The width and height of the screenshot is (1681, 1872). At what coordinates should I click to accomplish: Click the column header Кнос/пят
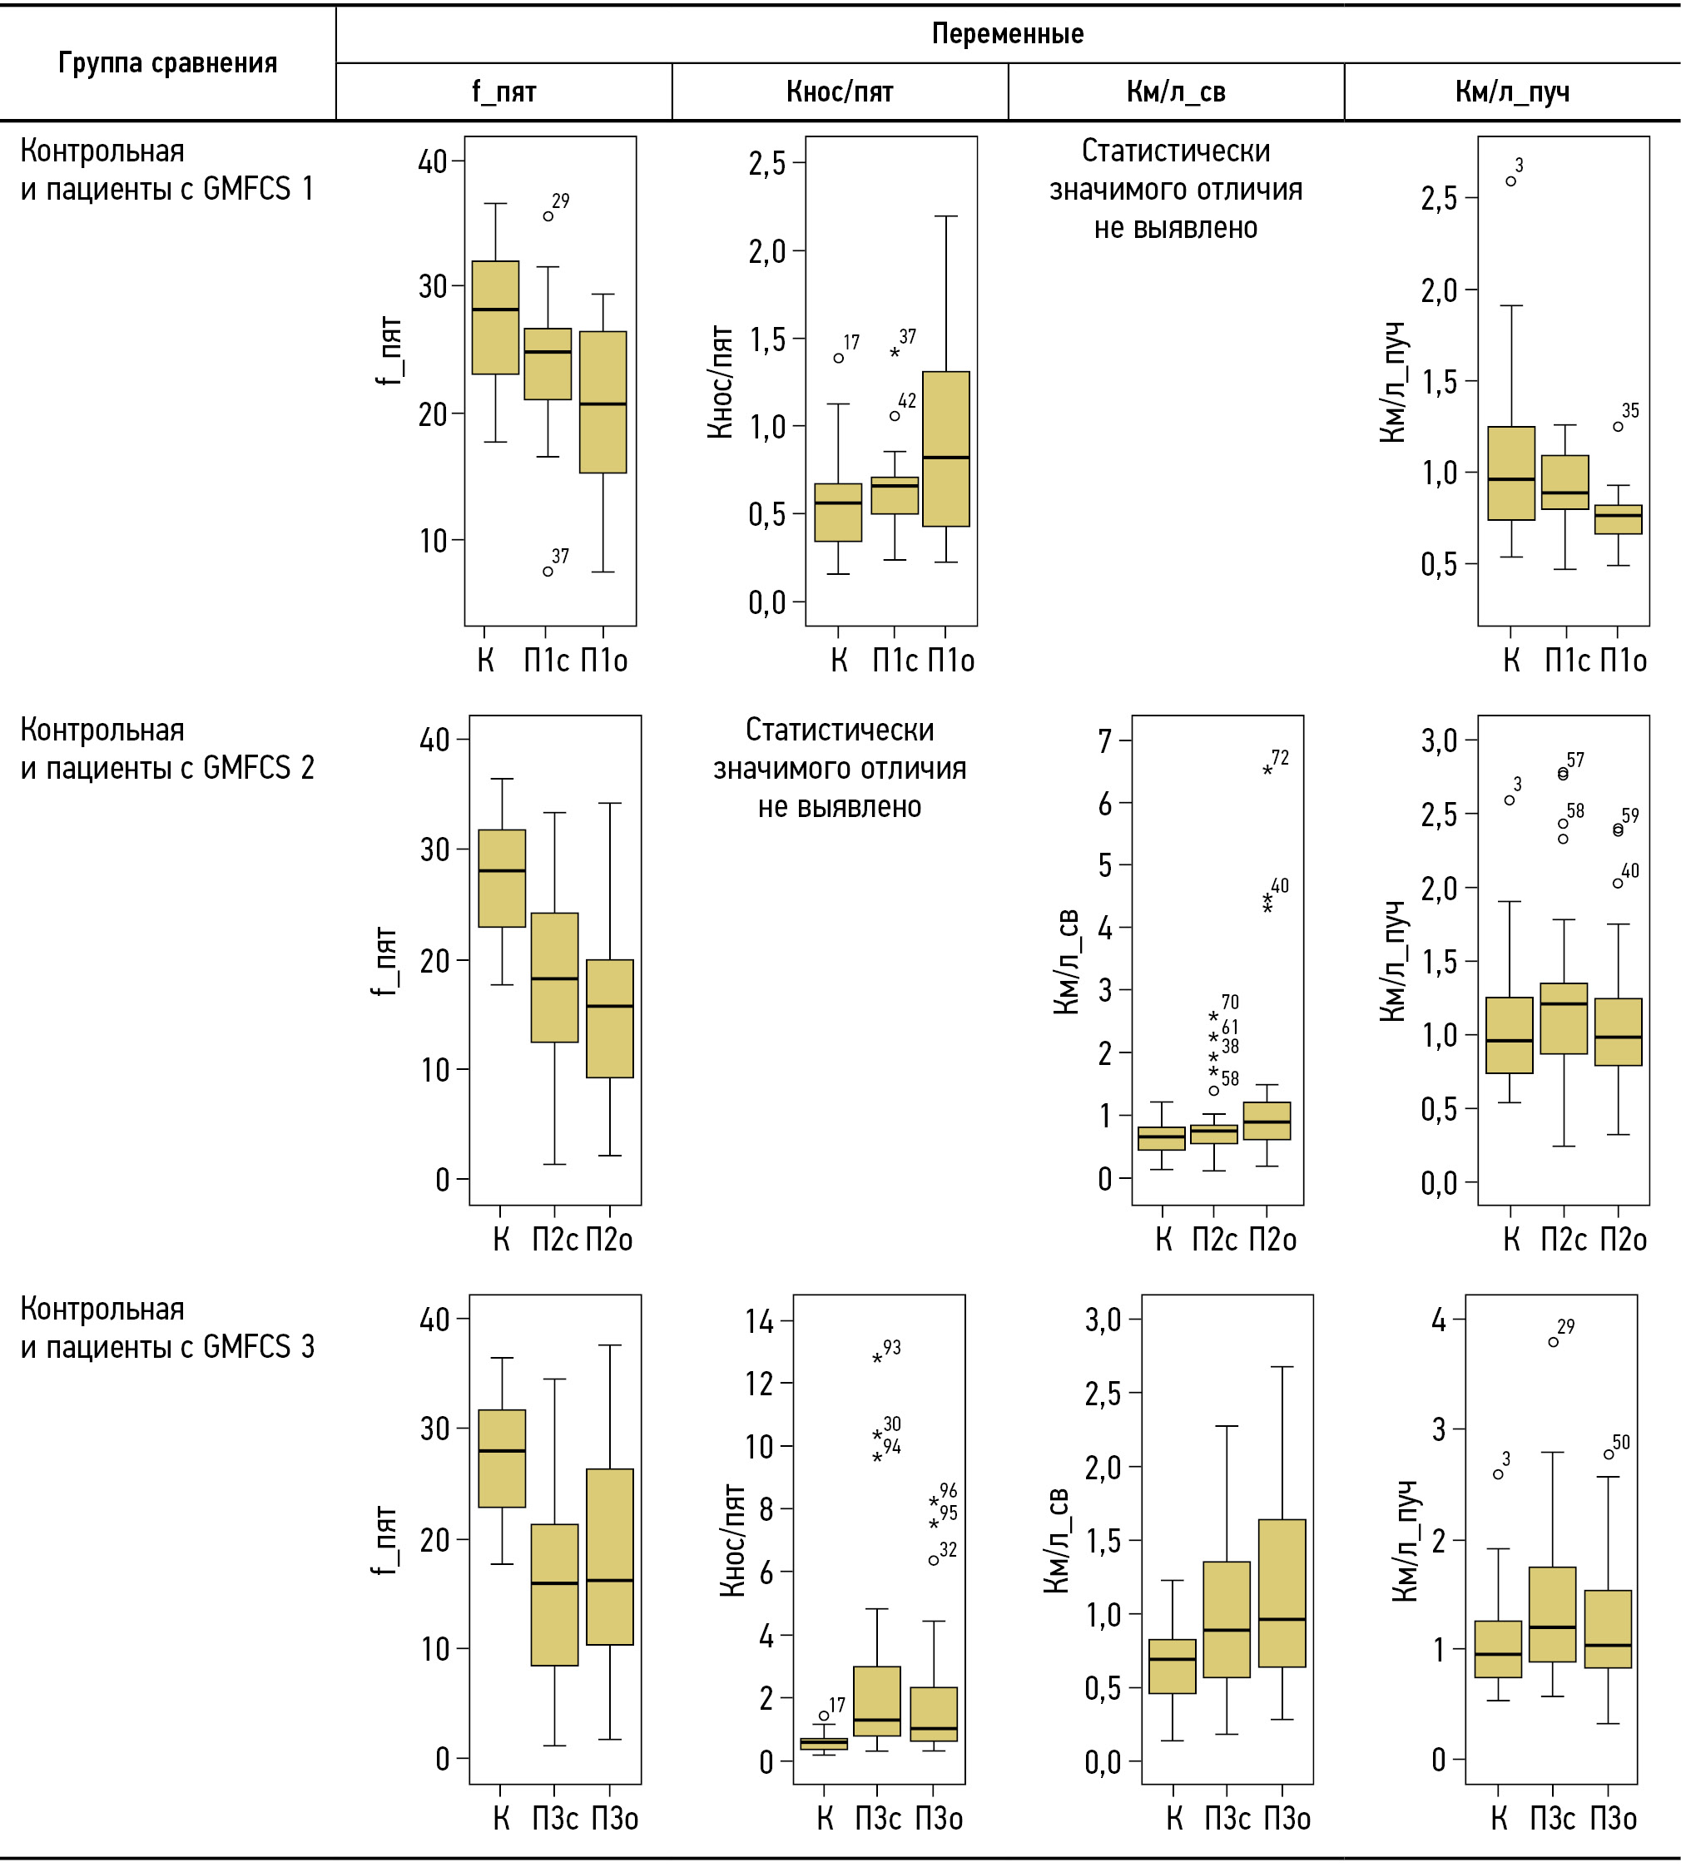(x=840, y=92)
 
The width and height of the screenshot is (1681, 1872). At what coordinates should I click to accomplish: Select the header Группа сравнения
(x=167, y=62)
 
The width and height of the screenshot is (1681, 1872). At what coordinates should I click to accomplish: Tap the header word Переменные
(x=1007, y=34)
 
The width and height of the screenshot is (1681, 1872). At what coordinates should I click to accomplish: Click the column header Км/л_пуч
(x=1512, y=92)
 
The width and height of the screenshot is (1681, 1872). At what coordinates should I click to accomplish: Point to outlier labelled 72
(x=1267, y=770)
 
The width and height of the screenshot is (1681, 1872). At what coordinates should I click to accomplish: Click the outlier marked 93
(x=877, y=1359)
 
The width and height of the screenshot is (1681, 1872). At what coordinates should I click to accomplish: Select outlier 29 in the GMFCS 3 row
(x=1554, y=1342)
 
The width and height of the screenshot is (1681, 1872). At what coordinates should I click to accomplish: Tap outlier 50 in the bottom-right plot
(x=1609, y=1454)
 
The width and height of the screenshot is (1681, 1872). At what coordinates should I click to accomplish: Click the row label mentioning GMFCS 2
(x=167, y=749)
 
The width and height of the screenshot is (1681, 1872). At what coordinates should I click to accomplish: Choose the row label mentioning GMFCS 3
(x=167, y=1328)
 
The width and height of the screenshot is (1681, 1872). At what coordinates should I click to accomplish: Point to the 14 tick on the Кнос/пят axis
(x=760, y=1321)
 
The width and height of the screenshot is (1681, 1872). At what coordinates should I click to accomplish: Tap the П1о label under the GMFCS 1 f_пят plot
(x=604, y=661)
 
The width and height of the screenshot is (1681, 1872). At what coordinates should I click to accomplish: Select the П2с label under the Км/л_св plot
(x=1215, y=1240)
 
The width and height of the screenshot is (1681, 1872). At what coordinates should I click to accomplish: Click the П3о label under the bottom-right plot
(x=1613, y=1819)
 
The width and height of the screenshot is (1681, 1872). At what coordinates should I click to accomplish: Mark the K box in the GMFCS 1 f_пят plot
(x=496, y=317)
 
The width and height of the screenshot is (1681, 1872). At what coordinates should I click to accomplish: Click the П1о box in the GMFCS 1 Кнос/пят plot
(x=946, y=448)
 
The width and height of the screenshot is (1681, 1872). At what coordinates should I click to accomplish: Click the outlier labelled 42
(x=895, y=416)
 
